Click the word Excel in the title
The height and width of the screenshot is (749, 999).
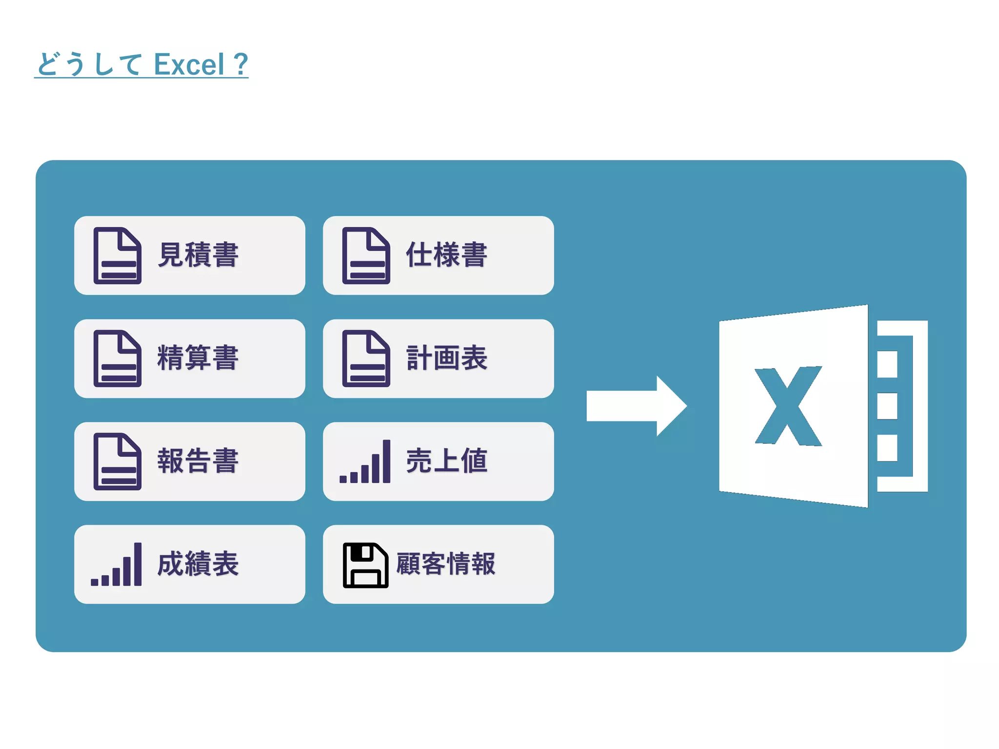point(189,64)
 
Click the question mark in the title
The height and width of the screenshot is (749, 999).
point(240,64)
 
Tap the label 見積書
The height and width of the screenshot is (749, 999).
point(198,255)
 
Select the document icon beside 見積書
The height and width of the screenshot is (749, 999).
point(118,256)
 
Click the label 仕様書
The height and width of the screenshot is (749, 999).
point(446,255)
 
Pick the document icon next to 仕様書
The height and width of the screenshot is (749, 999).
point(366,256)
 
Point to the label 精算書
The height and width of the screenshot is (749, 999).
point(198,358)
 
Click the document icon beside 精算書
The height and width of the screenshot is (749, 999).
point(118,358)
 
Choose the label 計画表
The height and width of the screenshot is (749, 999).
point(446,358)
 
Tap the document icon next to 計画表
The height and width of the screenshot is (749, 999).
point(366,358)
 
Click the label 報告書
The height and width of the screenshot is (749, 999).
point(198,461)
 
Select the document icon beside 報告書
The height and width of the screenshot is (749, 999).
point(118,461)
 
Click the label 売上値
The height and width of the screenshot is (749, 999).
point(446,461)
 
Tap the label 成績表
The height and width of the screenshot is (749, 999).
point(198,564)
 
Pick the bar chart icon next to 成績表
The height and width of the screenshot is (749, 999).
point(117,565)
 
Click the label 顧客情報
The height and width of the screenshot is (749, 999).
point(445,564)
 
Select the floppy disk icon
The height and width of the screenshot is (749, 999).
point(365,565)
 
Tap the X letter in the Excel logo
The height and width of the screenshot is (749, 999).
point(788,406)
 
